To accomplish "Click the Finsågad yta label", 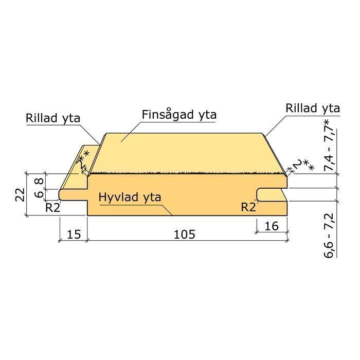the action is [179, 115].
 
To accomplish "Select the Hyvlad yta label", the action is [130, 197].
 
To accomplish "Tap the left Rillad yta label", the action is [53, 118].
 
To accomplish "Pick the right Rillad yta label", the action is [313, 108].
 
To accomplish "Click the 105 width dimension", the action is [185, 235].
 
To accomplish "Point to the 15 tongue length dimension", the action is [74, 235].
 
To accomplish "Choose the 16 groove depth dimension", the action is [272, 226].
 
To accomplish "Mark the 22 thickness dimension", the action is [20, 194].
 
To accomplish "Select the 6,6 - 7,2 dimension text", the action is [329, 236].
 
